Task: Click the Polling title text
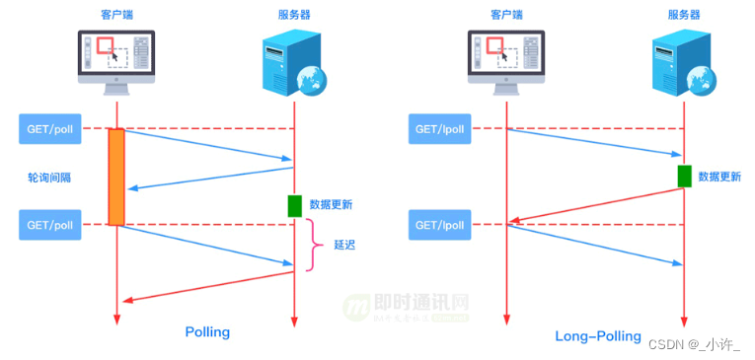pyautogui.click(x=207, y=332)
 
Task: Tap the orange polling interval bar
pyautogui.click(x=116, y=177)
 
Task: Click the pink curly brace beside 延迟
pyautogui.click(x=316, y=245)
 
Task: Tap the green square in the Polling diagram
pyautogui.click(x=294, y=205)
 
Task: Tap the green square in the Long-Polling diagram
pyautogui.click(x=684, y=177)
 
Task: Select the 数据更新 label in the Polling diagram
pyautogui.click(x=331, y=205)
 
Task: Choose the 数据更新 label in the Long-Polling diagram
pyautogui.click(x=719, y=178)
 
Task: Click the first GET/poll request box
pyautogui.click(x=50, y=128)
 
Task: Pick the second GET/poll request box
pyautogui.click(x=50, y=225)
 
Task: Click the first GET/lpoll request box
pyautogui.click(x=441, y=128)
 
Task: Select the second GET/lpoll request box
pyautogui.click(x=441, y=225)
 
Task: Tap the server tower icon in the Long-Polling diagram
pyautogui.click(x=678, y=61)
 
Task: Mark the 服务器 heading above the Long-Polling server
pyautogui.click(x=683, y=14)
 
